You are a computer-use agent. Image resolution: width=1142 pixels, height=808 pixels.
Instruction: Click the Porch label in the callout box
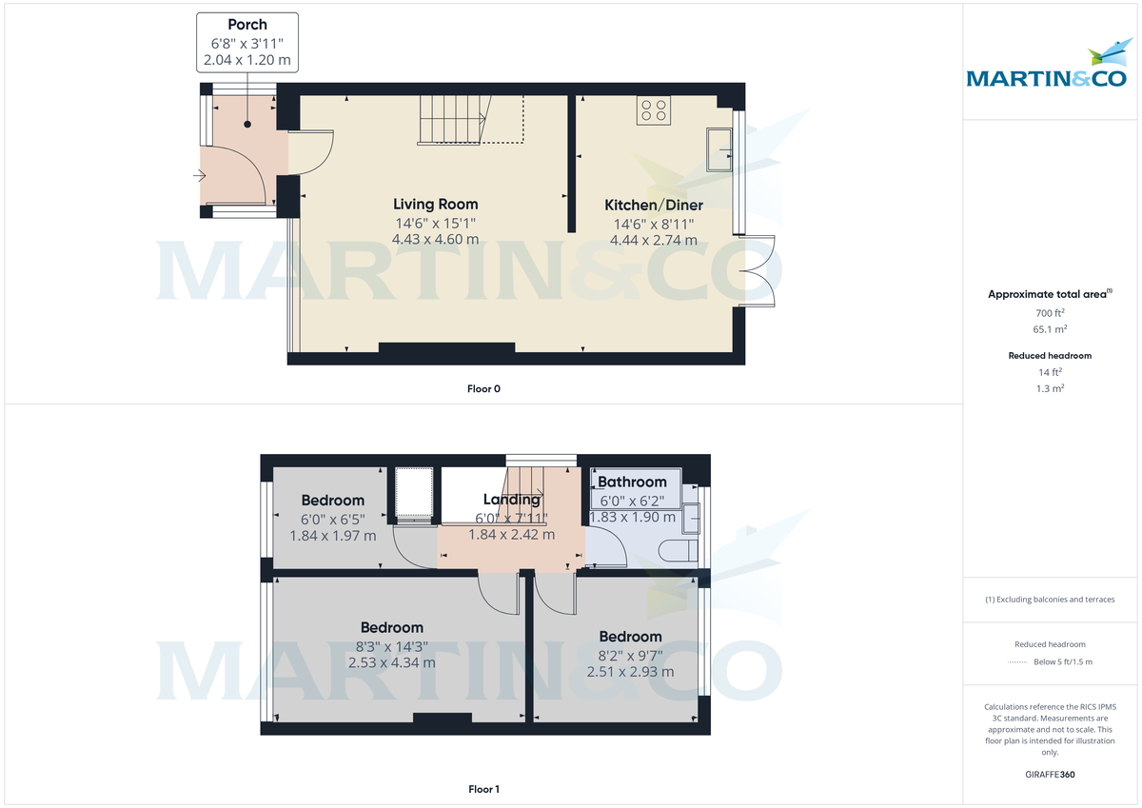click(x=247, y=24)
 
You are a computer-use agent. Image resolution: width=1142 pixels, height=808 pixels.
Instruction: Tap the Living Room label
click(x=436, y=204)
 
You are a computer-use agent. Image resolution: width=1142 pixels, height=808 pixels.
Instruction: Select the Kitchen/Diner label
click(x=654, y=205)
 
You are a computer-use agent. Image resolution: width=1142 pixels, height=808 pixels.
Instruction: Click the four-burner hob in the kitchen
click(x=654, y=110)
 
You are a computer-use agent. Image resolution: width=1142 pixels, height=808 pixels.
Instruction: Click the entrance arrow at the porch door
click(x=199, y=175)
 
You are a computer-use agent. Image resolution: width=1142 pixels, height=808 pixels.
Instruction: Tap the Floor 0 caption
click(x=484, y=388)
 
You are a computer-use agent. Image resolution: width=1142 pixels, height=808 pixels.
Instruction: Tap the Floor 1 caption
click(x=484, y=789)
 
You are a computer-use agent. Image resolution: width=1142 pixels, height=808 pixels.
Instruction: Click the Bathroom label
click(x=632, y=483)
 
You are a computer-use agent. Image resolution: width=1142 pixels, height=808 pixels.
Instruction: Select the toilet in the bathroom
click(x=674, y=549)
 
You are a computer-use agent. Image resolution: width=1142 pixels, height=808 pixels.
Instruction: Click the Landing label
click(x=512, y=500)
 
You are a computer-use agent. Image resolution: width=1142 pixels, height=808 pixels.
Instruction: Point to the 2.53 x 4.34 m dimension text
click(x=392, y=662)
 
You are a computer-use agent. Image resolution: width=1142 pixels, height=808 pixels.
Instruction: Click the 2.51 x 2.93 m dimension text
click(x=630, y=672)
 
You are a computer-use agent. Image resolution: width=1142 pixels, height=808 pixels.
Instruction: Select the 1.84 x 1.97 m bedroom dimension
click(x=333, y=536)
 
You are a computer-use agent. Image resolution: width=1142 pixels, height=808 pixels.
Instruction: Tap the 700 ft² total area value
click(x=1050, y=313)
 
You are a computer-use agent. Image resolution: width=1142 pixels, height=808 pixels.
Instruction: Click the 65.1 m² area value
click(x=1050, y=329)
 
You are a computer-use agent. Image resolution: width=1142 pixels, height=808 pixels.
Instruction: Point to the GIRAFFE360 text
click(x=1050, y=775)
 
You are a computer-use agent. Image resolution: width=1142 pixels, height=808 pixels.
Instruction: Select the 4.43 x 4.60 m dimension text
click(x=436, y=239)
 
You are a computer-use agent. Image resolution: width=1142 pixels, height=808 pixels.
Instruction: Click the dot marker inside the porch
click(x=247, y=125)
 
